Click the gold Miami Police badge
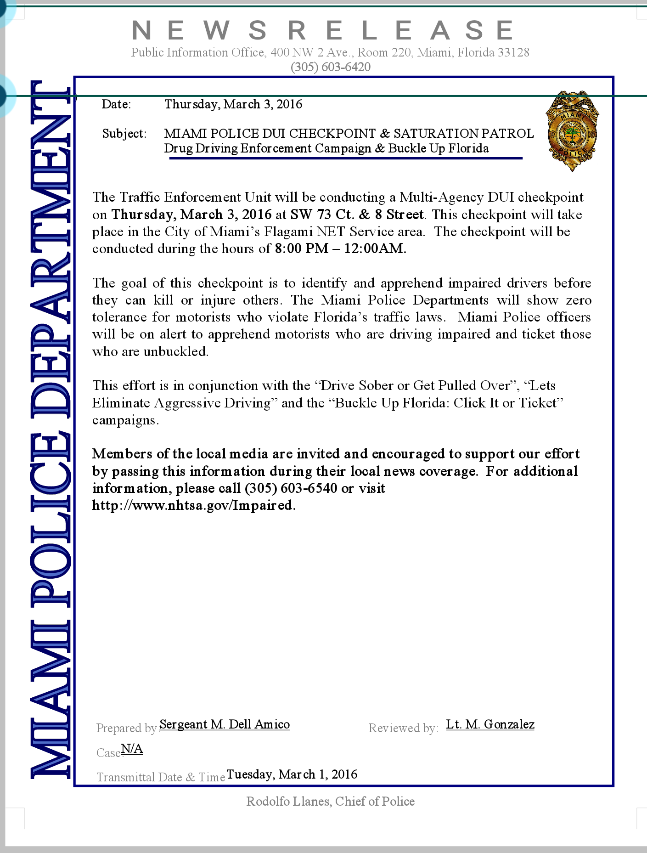(572, 131)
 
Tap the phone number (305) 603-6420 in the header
(330, 67)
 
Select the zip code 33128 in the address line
(513, 52)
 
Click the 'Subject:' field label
(124, 134)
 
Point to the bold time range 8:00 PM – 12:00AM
(340, 249)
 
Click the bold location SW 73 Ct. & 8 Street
(357, 215)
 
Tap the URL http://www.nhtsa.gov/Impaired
(193, 505)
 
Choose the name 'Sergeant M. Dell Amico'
(225, 724)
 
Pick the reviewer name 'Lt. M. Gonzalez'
(490, 724)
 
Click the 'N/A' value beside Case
(132, 749)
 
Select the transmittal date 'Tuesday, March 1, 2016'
(292, 774)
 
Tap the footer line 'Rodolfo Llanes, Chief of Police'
(330, 802)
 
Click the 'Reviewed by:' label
(403, 728)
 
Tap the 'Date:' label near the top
(116, 104)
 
